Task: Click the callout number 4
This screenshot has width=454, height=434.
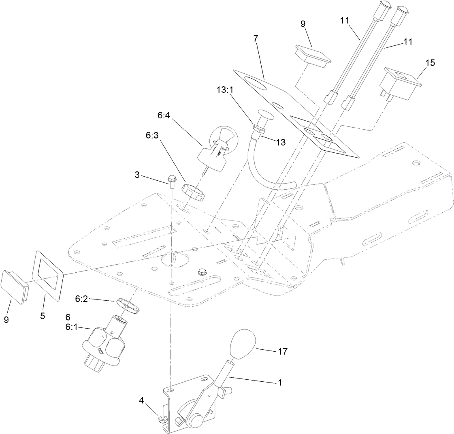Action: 141,401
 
